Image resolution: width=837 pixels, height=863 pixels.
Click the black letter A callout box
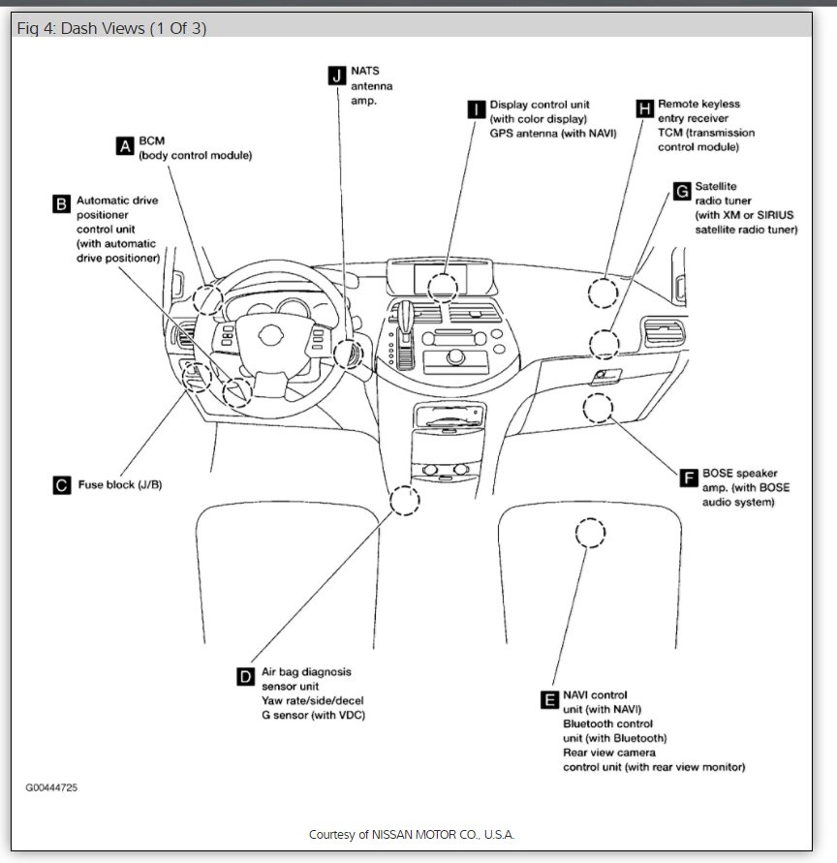tap(124, 146)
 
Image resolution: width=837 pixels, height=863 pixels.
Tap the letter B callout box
tap(61, 203)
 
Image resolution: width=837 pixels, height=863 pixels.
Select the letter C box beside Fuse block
tap(61, 485)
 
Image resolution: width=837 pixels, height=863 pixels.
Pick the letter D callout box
tap(245, 676)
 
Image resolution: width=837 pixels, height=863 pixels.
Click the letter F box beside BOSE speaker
tap(689, 478)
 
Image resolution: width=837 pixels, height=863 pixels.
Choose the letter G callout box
tap(681, 191)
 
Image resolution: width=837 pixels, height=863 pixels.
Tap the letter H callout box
tap(644, 108)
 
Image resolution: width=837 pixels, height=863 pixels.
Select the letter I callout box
tap(476, 108)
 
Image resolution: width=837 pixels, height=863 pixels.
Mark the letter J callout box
tap(336, 75)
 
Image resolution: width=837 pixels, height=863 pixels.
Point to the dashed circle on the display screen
tap(442, 286)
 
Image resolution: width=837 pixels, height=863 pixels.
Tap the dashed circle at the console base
tap(404, 501)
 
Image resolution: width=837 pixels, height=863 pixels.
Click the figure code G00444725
tap(51, 787)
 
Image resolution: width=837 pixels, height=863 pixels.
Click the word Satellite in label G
tap(716, 186)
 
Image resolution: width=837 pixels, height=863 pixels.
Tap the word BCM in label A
tap(152, 141)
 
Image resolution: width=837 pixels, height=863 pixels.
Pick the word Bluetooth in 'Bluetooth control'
tap(589, 724)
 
